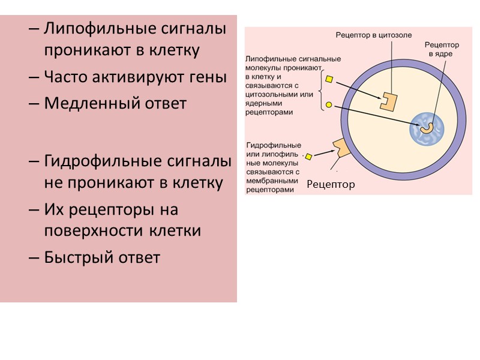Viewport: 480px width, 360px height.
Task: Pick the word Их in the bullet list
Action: [52, 209]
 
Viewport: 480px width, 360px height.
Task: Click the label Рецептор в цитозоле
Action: [373, 35]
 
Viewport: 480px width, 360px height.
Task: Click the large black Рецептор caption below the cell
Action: [331, 184]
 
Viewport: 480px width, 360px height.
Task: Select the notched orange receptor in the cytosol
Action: [388, 100]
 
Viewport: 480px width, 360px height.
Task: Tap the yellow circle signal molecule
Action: [329, 105]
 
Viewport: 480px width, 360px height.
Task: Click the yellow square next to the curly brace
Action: [329, 78]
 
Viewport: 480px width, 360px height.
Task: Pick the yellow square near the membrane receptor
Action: [309, 157]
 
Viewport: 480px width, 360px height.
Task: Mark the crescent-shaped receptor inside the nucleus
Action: [427, 128]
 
